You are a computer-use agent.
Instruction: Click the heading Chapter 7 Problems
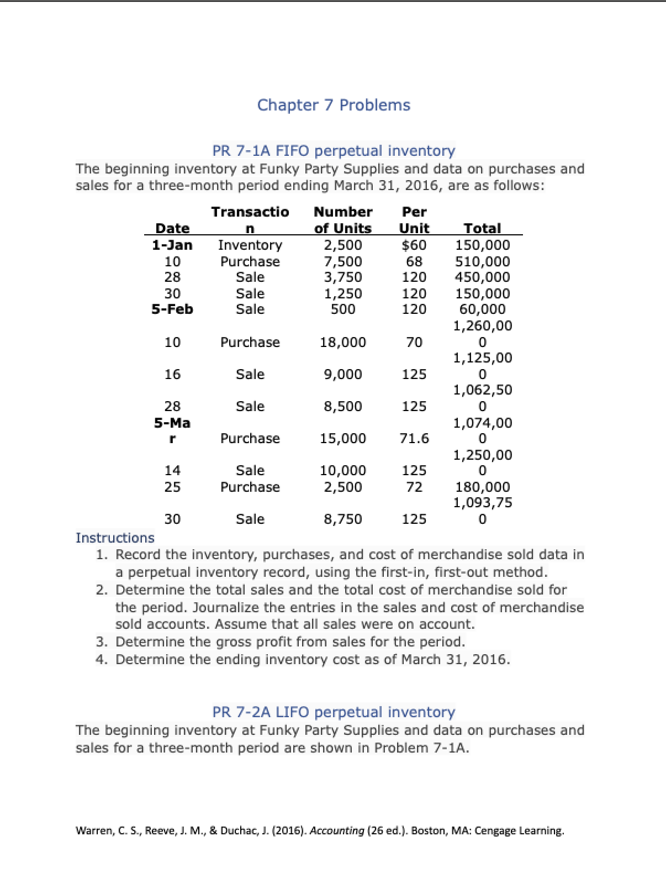pos(334,105)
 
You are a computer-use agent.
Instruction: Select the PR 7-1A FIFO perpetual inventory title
pos(334,150)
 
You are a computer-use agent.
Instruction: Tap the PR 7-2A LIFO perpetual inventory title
pos(334,712)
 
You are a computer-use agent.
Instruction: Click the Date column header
pos(172,228)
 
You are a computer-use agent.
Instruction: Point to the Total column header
pos(482,228)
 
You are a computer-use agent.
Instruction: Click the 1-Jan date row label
pos(172,245)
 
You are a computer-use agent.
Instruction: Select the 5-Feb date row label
pos(172,309)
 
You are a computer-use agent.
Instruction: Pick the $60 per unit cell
pos(414,245)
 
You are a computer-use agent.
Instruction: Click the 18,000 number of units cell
pos(342,342)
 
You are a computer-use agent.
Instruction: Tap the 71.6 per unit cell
pos(414,438)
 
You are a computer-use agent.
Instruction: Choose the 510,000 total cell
pos(482,261)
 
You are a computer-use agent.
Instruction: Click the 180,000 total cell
pos(482,487)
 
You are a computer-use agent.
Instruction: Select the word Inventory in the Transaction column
pos(250,245)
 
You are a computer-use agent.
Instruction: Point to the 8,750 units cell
pos(342,519)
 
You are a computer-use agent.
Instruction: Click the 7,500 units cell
pos(342,261)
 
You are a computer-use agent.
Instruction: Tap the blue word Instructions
pos(115,538)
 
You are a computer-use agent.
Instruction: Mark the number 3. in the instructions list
pos(101,641)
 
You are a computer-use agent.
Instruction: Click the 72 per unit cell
pos(414,487)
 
